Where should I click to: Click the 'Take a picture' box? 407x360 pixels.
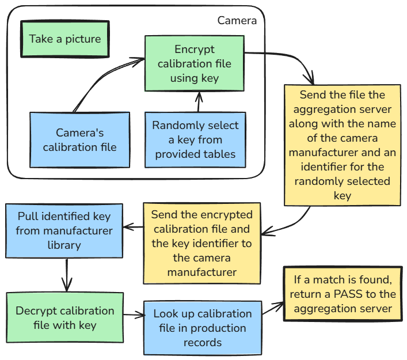64,39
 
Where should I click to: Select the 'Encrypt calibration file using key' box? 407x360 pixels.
195,64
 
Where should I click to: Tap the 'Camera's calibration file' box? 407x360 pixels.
80,140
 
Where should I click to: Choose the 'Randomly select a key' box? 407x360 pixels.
195,140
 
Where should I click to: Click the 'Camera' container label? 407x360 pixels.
237,21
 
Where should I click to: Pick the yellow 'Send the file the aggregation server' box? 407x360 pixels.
343,146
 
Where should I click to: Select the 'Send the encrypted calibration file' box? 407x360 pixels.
201,243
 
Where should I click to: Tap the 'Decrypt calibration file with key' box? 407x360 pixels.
65,318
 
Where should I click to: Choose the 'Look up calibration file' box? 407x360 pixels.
203,328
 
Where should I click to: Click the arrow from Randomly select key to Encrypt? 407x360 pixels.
198,102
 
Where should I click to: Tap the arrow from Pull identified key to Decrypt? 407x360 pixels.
67,275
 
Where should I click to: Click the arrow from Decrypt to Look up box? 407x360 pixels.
134,315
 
